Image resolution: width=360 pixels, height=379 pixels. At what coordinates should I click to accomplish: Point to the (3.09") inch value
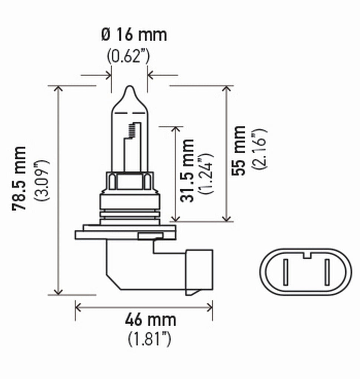pos(42,180)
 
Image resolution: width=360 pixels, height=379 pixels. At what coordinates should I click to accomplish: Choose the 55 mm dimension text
pos(240,151)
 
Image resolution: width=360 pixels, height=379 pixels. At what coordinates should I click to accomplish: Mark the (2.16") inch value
pos(259,149)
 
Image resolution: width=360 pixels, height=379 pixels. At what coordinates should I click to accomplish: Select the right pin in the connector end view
pos(327,272)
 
